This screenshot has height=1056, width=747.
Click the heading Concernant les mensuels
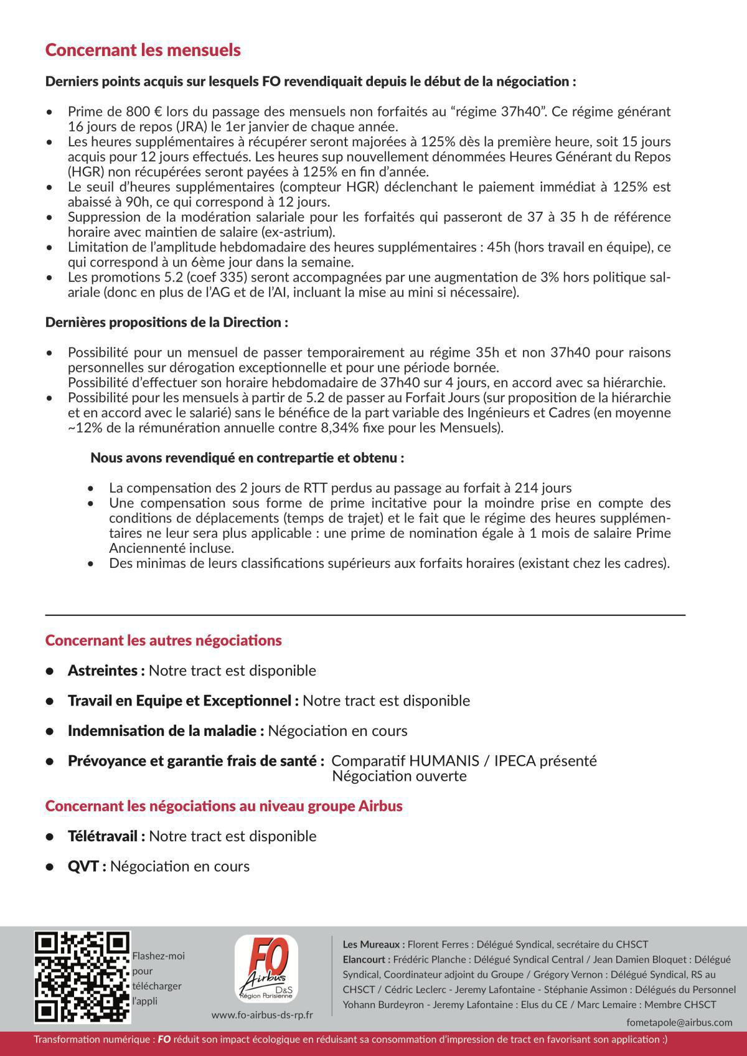tap(143, 50)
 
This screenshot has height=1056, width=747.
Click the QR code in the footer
tap(83, 978)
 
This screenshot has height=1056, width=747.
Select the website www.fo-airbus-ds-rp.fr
tap(262, 1015)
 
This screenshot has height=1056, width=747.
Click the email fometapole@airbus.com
tap(679, 1022)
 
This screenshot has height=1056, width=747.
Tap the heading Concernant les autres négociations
tap(163, 641)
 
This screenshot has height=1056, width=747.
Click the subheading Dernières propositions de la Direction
tap(167, 323)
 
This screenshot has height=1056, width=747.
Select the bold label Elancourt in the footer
tap(366, 959)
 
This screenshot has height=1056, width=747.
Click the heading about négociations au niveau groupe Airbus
tap(223, 806)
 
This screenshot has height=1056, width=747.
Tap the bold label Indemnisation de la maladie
tap(166, 731)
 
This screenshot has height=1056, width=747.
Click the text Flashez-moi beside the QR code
tap(158, 956)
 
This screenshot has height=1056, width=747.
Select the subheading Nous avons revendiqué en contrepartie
tap(247, 458)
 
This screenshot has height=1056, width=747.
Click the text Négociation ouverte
tap(399, 776)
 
